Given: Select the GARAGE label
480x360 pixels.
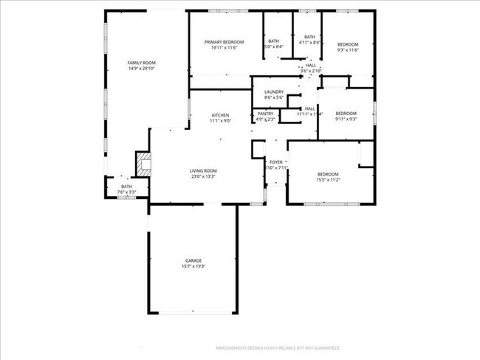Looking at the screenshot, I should pos(193,260).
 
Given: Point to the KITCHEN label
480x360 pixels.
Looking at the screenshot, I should pos(220,115).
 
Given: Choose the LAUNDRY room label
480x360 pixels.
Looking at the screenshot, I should pos(273,91).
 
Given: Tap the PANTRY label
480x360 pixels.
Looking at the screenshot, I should pos(265,113).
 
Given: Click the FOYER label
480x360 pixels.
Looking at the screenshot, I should pos(275,162).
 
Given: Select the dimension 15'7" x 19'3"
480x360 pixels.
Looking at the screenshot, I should pos(193,266).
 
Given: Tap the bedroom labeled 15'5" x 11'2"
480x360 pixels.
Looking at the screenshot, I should pos(327,177).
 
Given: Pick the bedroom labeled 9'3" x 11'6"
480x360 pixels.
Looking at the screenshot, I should pos(347,47).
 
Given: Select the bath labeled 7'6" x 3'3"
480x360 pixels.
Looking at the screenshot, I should pos(126,189).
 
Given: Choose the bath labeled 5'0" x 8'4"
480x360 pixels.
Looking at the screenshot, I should pos(274,44).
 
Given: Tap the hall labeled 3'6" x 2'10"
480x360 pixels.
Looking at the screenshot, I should pos(311,67).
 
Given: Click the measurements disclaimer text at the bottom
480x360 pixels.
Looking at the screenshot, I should pos(277,347).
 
